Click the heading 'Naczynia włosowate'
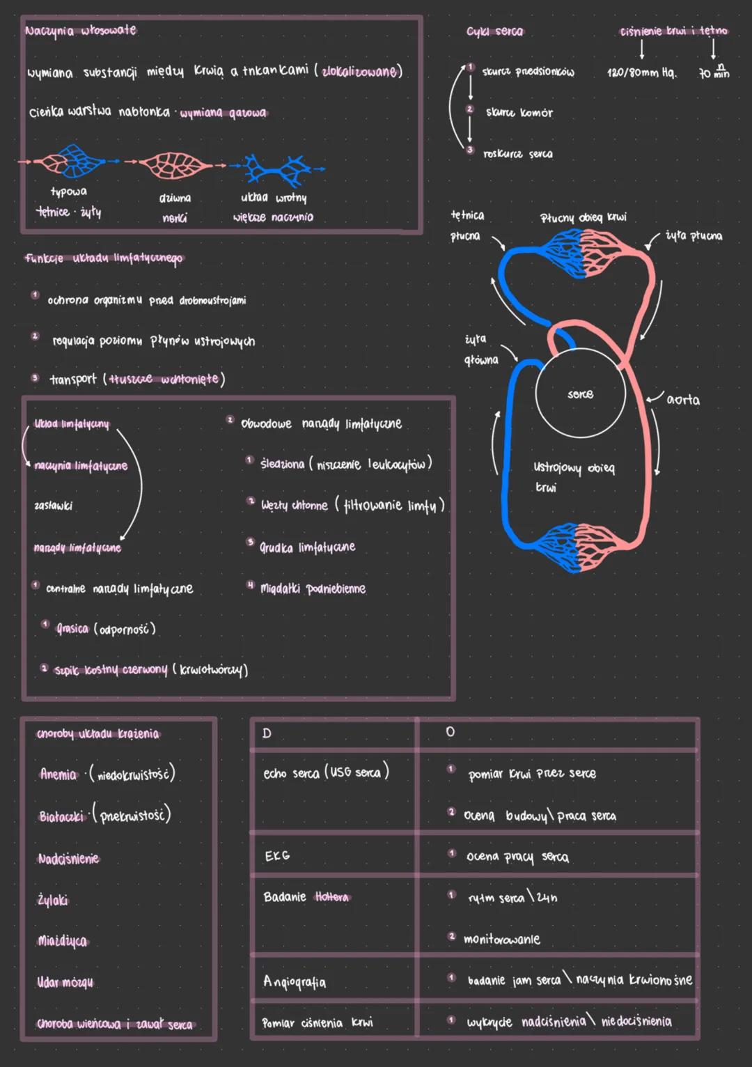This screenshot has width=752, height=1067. (x=81, y=31)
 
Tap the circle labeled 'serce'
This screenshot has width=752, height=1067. (x=580, y=394)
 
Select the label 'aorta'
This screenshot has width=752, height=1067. (x=683, y=400)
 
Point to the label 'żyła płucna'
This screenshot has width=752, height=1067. (x=693, y=236)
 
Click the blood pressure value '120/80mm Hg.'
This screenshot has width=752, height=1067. (x=641, y=72)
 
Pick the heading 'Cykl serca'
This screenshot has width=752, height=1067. (x=495, y=32)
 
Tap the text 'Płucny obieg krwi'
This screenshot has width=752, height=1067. (x=583, y=218)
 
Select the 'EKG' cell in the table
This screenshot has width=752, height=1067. (x=277, y=856)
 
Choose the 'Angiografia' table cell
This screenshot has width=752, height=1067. (x=295, y=982)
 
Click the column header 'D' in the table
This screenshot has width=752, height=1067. (x=267, y=733)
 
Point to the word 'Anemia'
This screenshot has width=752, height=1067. (x=58, y=774)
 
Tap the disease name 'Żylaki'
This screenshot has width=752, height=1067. (x=53, y=901)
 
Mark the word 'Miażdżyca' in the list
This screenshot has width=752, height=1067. (x=63, y=942)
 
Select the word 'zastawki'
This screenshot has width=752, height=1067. (x=54, y=506)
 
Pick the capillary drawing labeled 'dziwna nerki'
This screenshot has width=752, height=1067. (x=175, y=165)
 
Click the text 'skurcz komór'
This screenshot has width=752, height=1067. (x=519, y=113)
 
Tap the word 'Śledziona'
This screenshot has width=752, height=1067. (x=282, y=464)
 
